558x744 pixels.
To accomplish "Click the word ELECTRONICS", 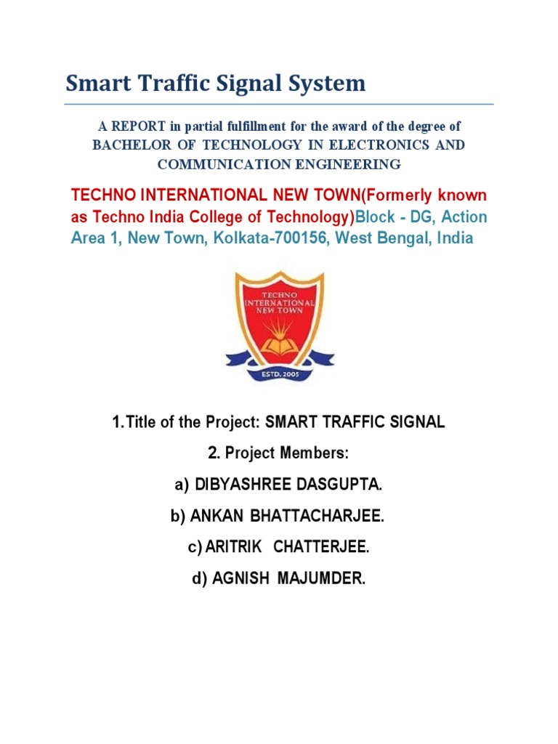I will point(379,145).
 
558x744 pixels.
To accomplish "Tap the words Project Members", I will point(287,453).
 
